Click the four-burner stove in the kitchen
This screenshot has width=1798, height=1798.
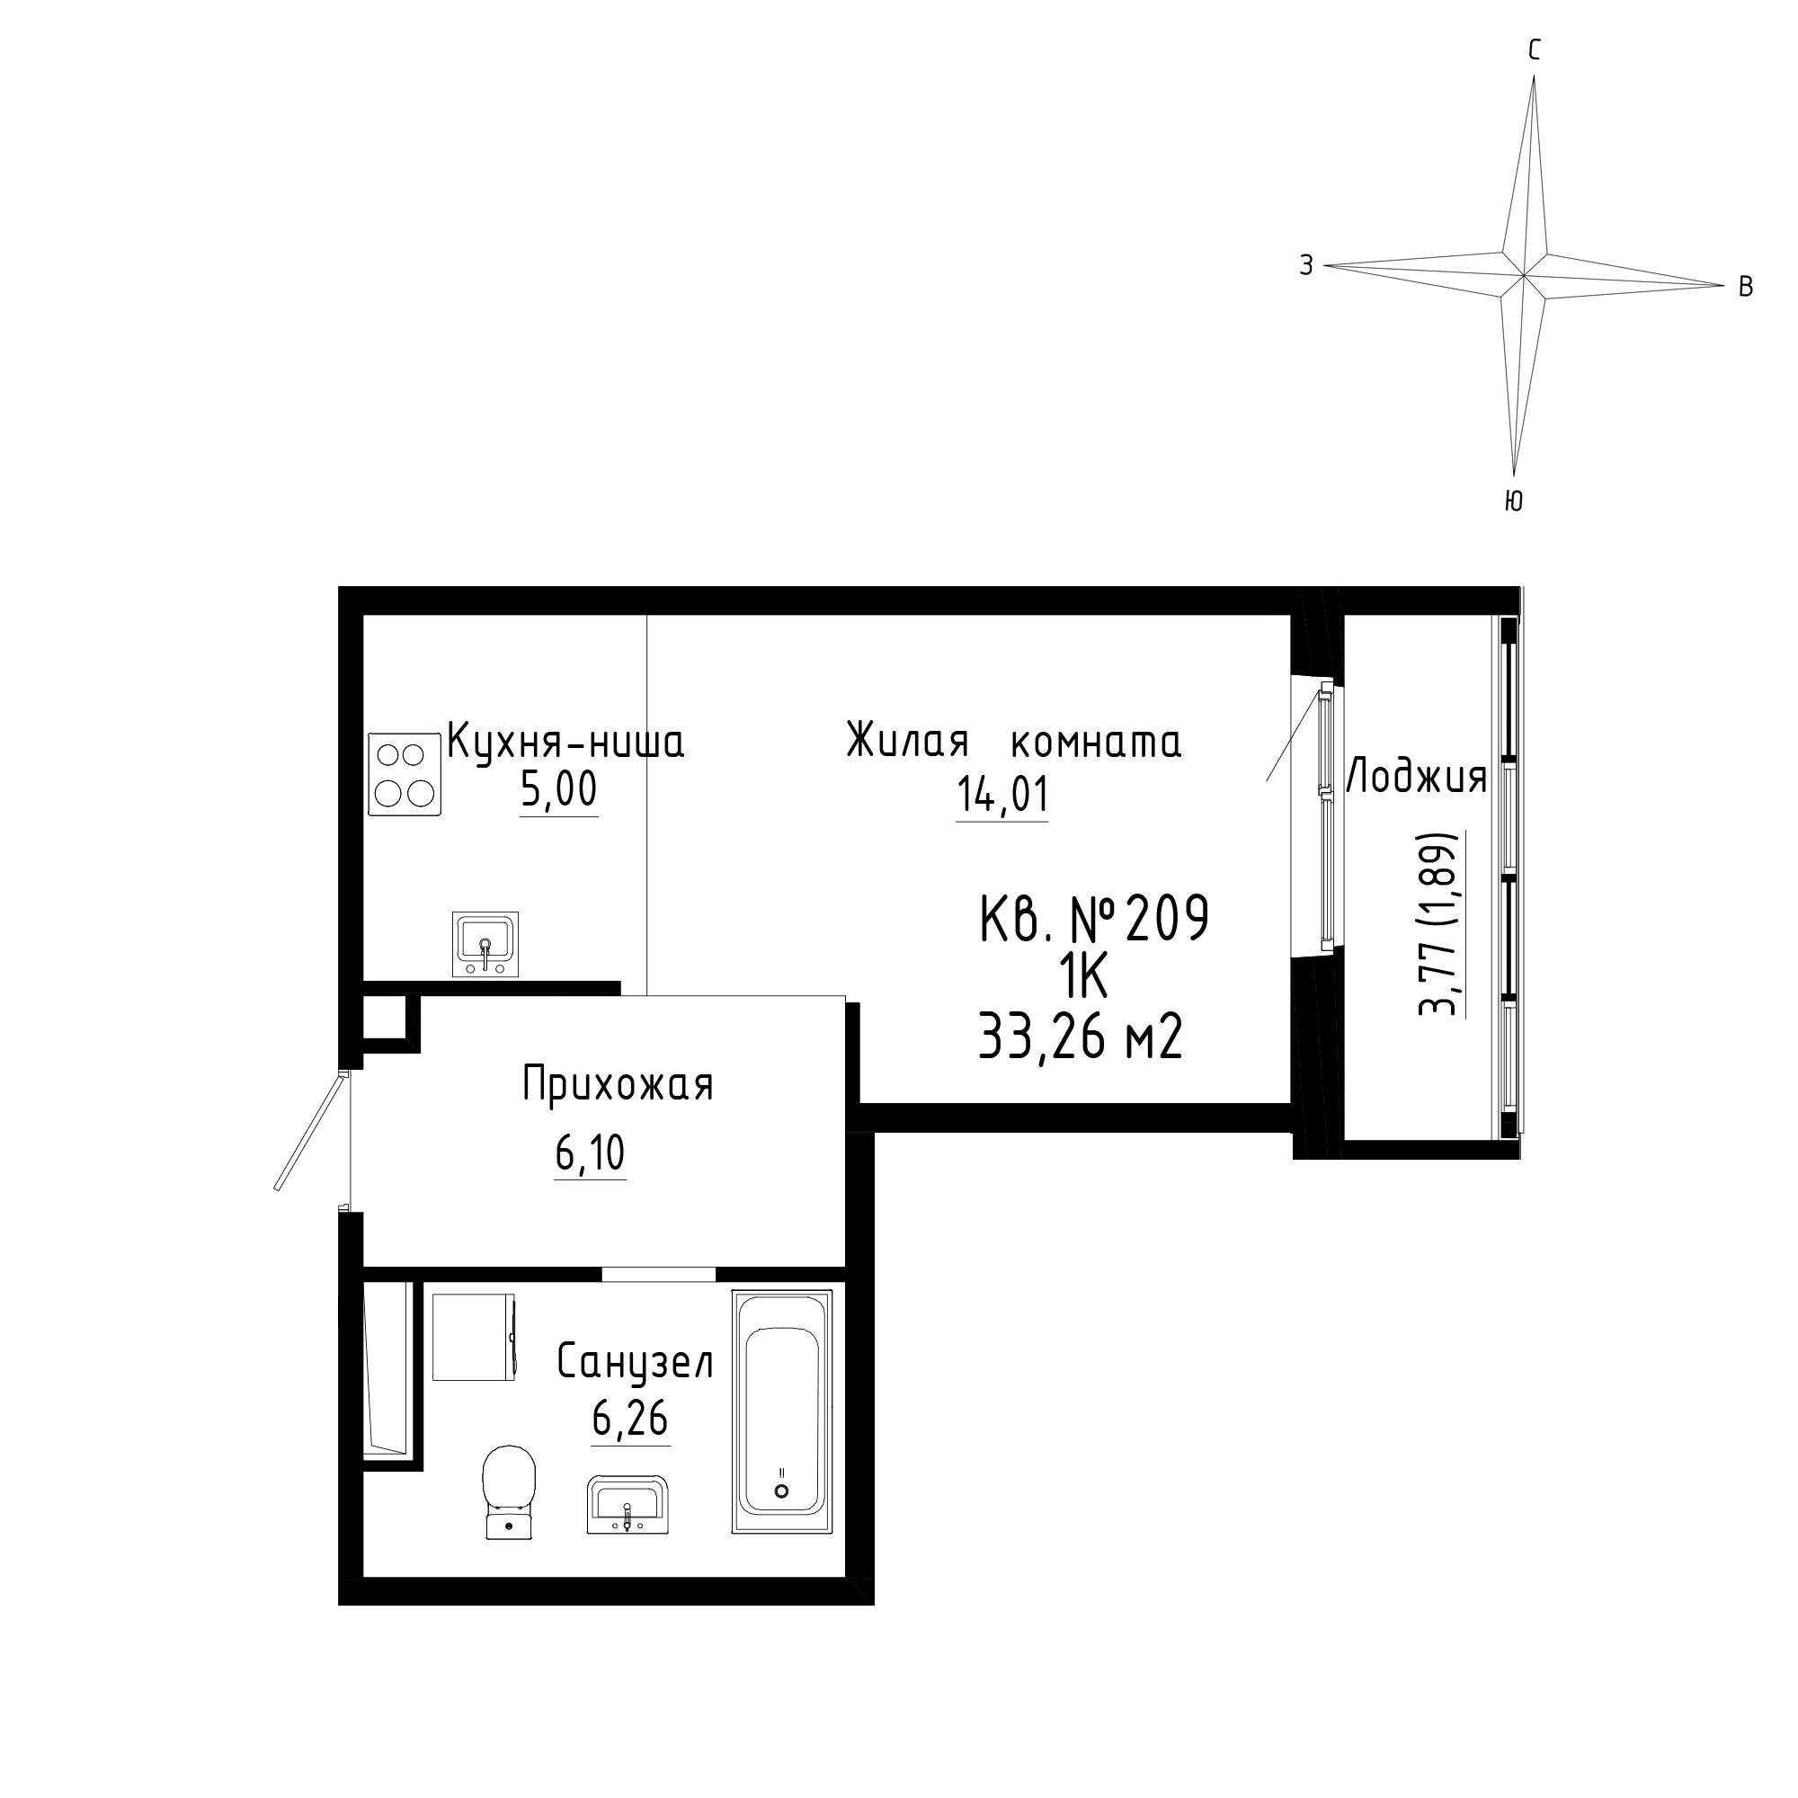(405, 774)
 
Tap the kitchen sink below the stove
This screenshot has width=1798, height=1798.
(485, 944)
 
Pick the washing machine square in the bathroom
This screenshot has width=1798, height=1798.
(474, 1338)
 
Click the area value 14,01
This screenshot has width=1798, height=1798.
(1002, 796)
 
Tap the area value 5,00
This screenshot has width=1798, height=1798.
(558, 791)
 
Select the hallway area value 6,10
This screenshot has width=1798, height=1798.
(590, 1155)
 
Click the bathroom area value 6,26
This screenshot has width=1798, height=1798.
(630, 1420)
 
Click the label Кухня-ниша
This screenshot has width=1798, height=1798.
(565, 742)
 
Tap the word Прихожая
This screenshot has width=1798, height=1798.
(618, 1085)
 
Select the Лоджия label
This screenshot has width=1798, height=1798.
(1417, 777)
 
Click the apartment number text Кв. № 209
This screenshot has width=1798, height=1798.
(1094, 918)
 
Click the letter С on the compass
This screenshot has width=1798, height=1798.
(1535, 50)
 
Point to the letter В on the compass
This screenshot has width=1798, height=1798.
(1746, 287)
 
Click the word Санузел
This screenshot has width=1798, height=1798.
(636, 1363)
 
